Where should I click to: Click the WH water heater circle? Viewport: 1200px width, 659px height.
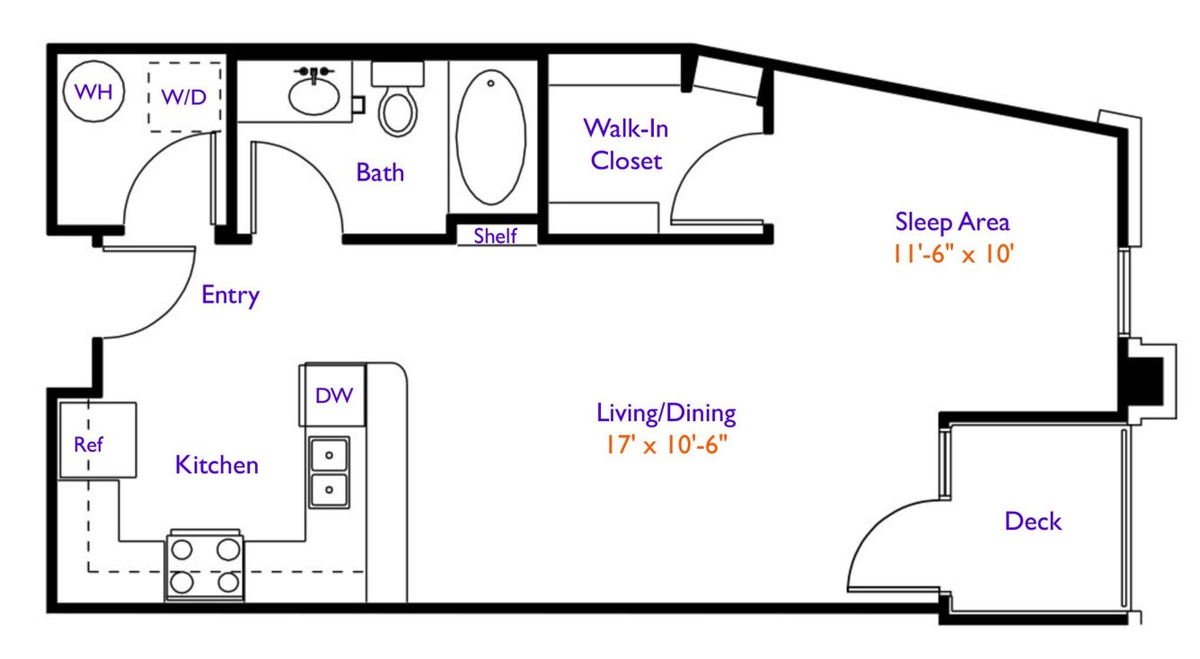point(93,92)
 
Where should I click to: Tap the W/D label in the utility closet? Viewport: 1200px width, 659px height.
point(184,97)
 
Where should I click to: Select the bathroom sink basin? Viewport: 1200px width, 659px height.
point(314,95)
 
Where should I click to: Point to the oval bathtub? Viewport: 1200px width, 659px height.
point(490,137)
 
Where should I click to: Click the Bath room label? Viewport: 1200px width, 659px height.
point(380,172)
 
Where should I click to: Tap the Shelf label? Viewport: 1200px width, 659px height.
point(495,235)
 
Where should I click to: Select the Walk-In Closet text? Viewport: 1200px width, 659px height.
point(626,145)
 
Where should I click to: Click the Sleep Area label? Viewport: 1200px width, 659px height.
point(952,222)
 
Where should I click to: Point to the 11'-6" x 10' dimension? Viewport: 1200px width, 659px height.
point(953,254)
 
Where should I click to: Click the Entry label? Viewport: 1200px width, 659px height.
point(230,295)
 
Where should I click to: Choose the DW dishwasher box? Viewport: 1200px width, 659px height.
point(332,395)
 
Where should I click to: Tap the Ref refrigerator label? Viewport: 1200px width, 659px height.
point(88,444)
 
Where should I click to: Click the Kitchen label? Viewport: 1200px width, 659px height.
point(217,465)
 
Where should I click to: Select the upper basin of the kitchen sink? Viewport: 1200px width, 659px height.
point(329,455)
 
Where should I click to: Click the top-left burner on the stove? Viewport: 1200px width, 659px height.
point(181,549)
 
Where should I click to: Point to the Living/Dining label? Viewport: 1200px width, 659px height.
point(666,413)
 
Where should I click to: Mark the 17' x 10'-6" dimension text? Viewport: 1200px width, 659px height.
point(666,444)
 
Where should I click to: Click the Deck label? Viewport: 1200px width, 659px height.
point(1033,521)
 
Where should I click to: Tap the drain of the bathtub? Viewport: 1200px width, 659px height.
point(490,83)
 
